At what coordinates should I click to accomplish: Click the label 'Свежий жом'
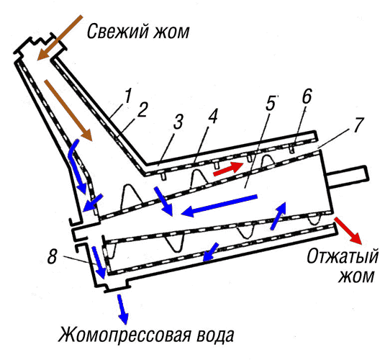coord(138,32)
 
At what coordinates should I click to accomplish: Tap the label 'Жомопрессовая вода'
coord(146,335)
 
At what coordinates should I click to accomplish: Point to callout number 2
coord(142,110)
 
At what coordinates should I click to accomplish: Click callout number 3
coord(178,122)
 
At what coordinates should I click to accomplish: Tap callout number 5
coord(271,103)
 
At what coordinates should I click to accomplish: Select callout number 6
coord(307,96)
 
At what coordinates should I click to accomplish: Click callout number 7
coord(358,125)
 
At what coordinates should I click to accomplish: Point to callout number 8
coord(52,256)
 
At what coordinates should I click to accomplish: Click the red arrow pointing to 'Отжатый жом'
coord(348,230)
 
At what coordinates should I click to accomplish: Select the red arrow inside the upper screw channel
coord(228,168)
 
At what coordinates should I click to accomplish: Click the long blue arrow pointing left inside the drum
coord(219,206)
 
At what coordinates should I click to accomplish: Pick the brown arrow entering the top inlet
coord(60,37)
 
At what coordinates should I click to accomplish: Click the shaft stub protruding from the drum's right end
coord(348,176)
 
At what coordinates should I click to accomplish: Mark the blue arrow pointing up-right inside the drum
coord(278,215)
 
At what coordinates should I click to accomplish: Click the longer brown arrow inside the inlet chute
coord(68,110)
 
